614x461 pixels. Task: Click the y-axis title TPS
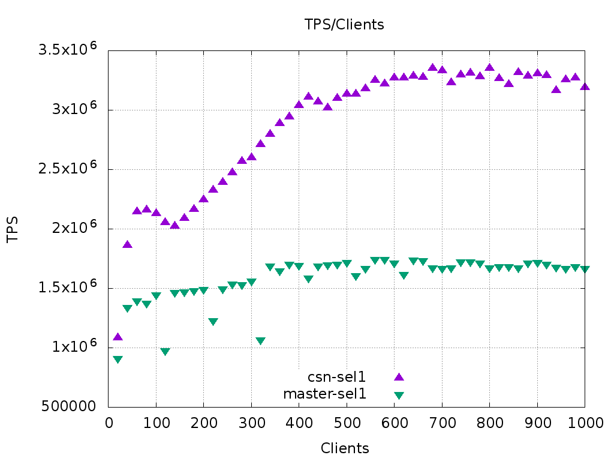point(13,229)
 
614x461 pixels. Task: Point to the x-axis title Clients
point(345,448)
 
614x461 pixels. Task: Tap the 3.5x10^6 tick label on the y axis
point(67,50)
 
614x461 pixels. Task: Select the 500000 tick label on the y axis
point(68,406)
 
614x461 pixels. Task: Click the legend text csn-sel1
point(336,377)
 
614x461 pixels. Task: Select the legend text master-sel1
point(324,394)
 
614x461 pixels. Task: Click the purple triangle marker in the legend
point(399,376)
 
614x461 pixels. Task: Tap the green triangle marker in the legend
point(399,395)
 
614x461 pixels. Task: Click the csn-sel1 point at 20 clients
point(118,337)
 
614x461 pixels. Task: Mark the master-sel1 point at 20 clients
point(118,360)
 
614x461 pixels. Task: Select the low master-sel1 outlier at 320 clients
point(260,341)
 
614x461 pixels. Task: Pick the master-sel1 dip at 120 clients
point(165,352)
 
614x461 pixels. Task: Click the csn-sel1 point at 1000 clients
point(585,86)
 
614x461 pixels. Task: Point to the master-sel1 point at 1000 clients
point(585,270)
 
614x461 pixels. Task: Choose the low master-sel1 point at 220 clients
point(213,322)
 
